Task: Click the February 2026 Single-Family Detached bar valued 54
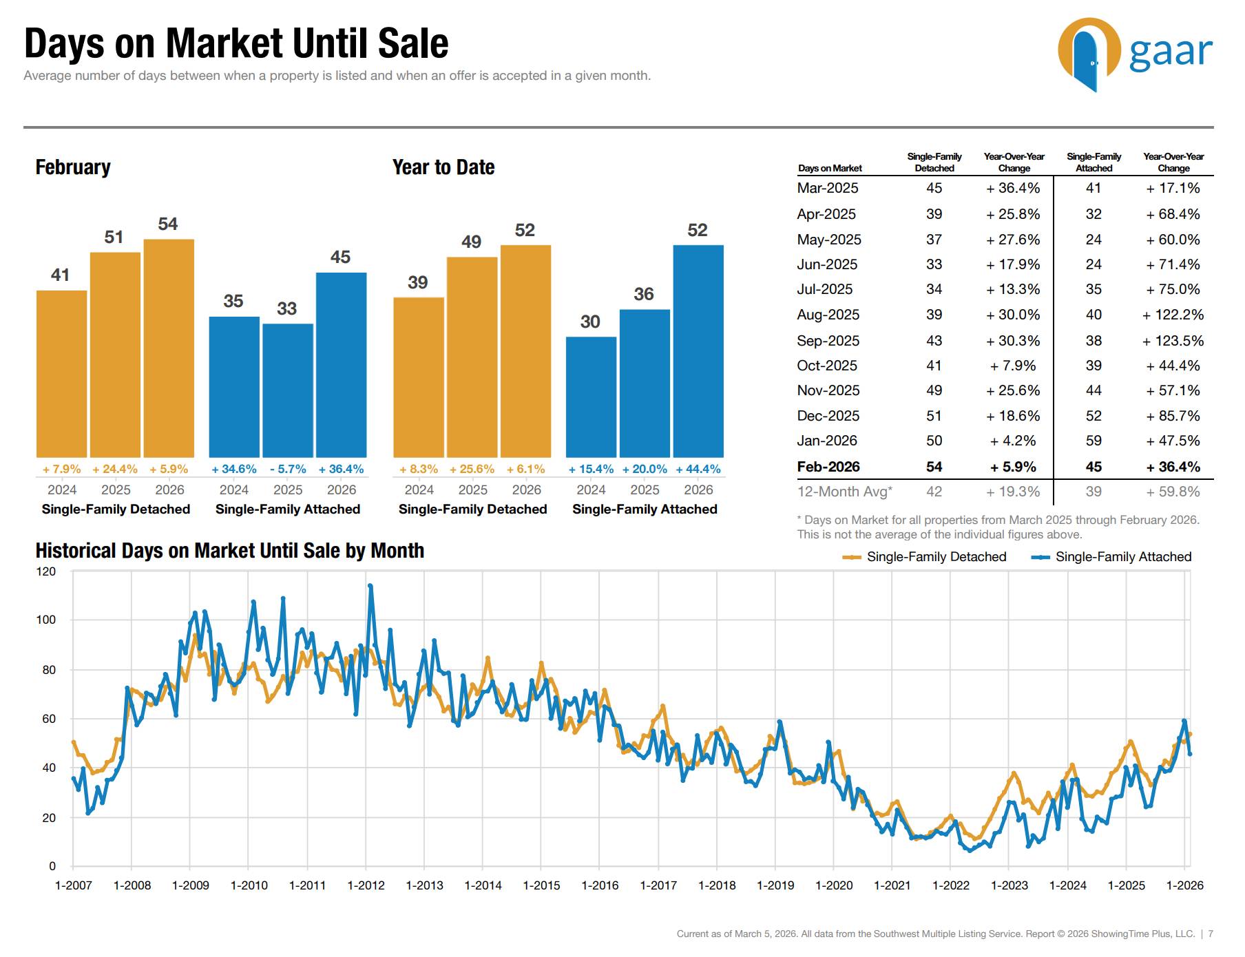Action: coord(169,348)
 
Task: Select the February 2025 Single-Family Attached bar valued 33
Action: coord(288,390)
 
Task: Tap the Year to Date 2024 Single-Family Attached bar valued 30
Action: coord(591,397)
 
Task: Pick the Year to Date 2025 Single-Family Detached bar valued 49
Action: coord(472,357)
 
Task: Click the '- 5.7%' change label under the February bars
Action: coord(288,469)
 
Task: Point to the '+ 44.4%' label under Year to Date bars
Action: coord(698,469)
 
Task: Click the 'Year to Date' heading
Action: coord(443,167)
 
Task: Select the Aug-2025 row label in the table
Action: coord(828,315)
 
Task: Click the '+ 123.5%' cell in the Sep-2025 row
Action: coord(1173,341)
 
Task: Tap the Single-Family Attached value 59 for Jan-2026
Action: coord(1094,441)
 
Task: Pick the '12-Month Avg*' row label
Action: coord(844,492)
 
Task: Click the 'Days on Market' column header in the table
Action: coord(830,168)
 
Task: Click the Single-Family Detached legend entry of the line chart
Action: coord(925,557)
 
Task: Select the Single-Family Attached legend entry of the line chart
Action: coord(1112,557)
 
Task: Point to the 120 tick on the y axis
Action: coord(46,571)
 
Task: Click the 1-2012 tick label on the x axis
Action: coord(366,885)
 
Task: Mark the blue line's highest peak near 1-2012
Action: coord(370,586)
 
